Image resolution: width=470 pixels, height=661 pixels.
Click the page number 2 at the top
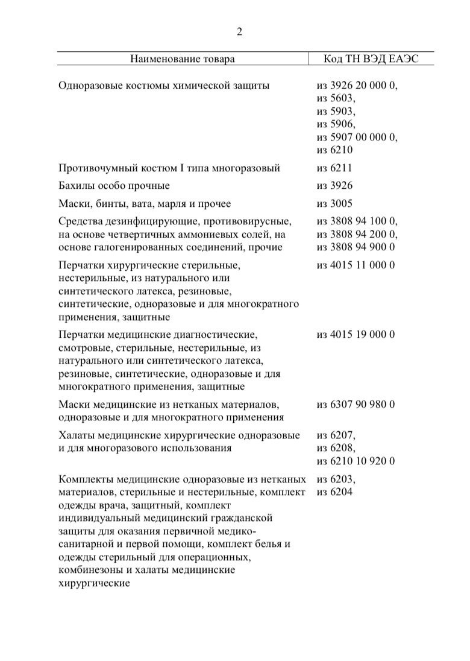pos(239,33)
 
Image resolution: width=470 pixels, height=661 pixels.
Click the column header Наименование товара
pos(182,59)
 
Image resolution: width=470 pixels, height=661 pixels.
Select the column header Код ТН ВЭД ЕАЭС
pos(371,59)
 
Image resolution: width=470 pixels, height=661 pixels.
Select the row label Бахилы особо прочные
pos(114,186)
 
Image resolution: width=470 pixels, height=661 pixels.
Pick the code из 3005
pos(334,204)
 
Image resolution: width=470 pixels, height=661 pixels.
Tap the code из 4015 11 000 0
pos(356,265)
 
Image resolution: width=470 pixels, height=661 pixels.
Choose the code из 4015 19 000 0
pos(356,334)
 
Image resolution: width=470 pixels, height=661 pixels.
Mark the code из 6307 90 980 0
pos(356,404)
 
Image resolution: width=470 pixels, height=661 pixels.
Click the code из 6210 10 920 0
pos(356,461)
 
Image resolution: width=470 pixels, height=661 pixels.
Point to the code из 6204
pos(334,493)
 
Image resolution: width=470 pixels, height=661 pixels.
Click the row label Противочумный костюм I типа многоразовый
pos(169,168)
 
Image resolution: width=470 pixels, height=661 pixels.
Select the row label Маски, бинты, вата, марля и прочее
pos(145,204)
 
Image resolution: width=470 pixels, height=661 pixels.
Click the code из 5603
pos(336,98)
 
